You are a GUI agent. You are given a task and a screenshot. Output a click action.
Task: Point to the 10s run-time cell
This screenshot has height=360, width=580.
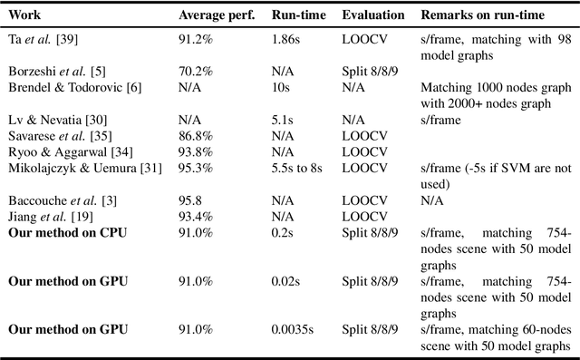tap(282, 88)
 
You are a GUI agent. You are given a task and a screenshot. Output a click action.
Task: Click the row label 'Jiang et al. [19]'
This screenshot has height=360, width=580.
tap(45, 216)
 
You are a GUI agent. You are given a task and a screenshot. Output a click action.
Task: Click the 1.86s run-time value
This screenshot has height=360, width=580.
tap(286, 41)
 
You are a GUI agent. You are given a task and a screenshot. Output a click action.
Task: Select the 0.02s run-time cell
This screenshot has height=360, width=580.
tap(285, 281)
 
